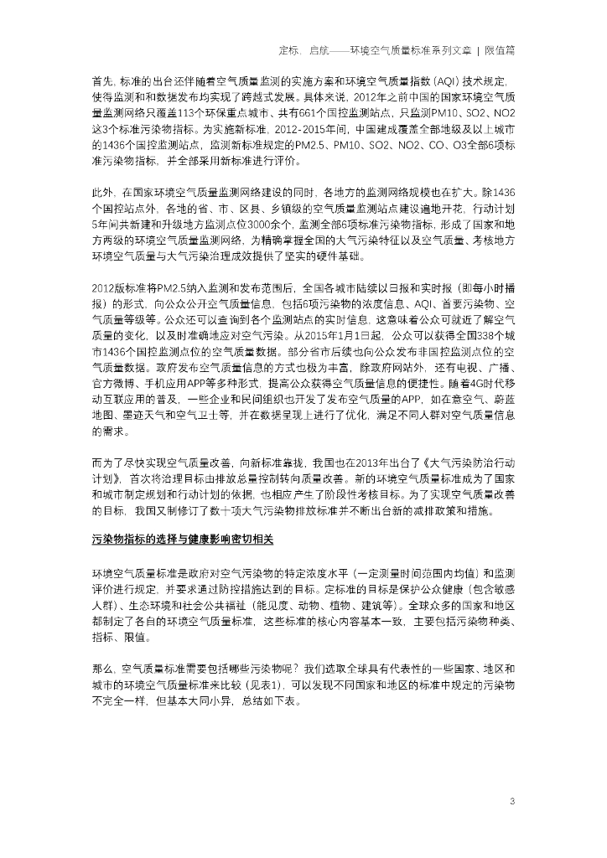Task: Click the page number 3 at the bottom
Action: pos(511,802)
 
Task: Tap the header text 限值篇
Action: pos(501,50)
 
